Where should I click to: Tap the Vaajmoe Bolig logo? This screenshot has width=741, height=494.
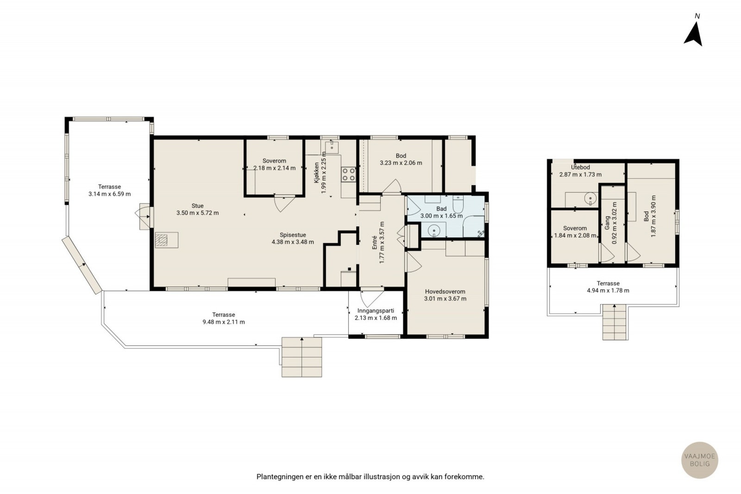tap(699, 460)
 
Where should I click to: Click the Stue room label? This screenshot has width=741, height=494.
tap(197, 206)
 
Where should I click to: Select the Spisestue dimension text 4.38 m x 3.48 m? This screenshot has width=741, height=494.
tap(293, 242)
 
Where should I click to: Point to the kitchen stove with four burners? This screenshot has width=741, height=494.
tap(348, 174)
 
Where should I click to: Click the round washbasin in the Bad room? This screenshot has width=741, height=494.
tap(433, 230)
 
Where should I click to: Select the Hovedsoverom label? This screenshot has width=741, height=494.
tap(445, 292)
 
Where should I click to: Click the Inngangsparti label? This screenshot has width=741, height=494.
tap(376, 311)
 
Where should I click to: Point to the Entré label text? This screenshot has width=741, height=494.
tap(375, 243)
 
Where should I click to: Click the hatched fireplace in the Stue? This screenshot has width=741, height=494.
tap(162, 240)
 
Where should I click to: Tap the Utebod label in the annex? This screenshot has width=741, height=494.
tap(580, 167)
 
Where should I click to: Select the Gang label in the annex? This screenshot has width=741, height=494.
tap(607, 223)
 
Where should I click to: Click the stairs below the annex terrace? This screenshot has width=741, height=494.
tap(615, 322)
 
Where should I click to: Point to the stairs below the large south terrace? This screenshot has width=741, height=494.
tap(301, 357)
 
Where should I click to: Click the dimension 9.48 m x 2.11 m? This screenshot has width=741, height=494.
tap(224, 322)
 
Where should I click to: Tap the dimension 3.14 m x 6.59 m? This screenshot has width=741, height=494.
tap(109, 194)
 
